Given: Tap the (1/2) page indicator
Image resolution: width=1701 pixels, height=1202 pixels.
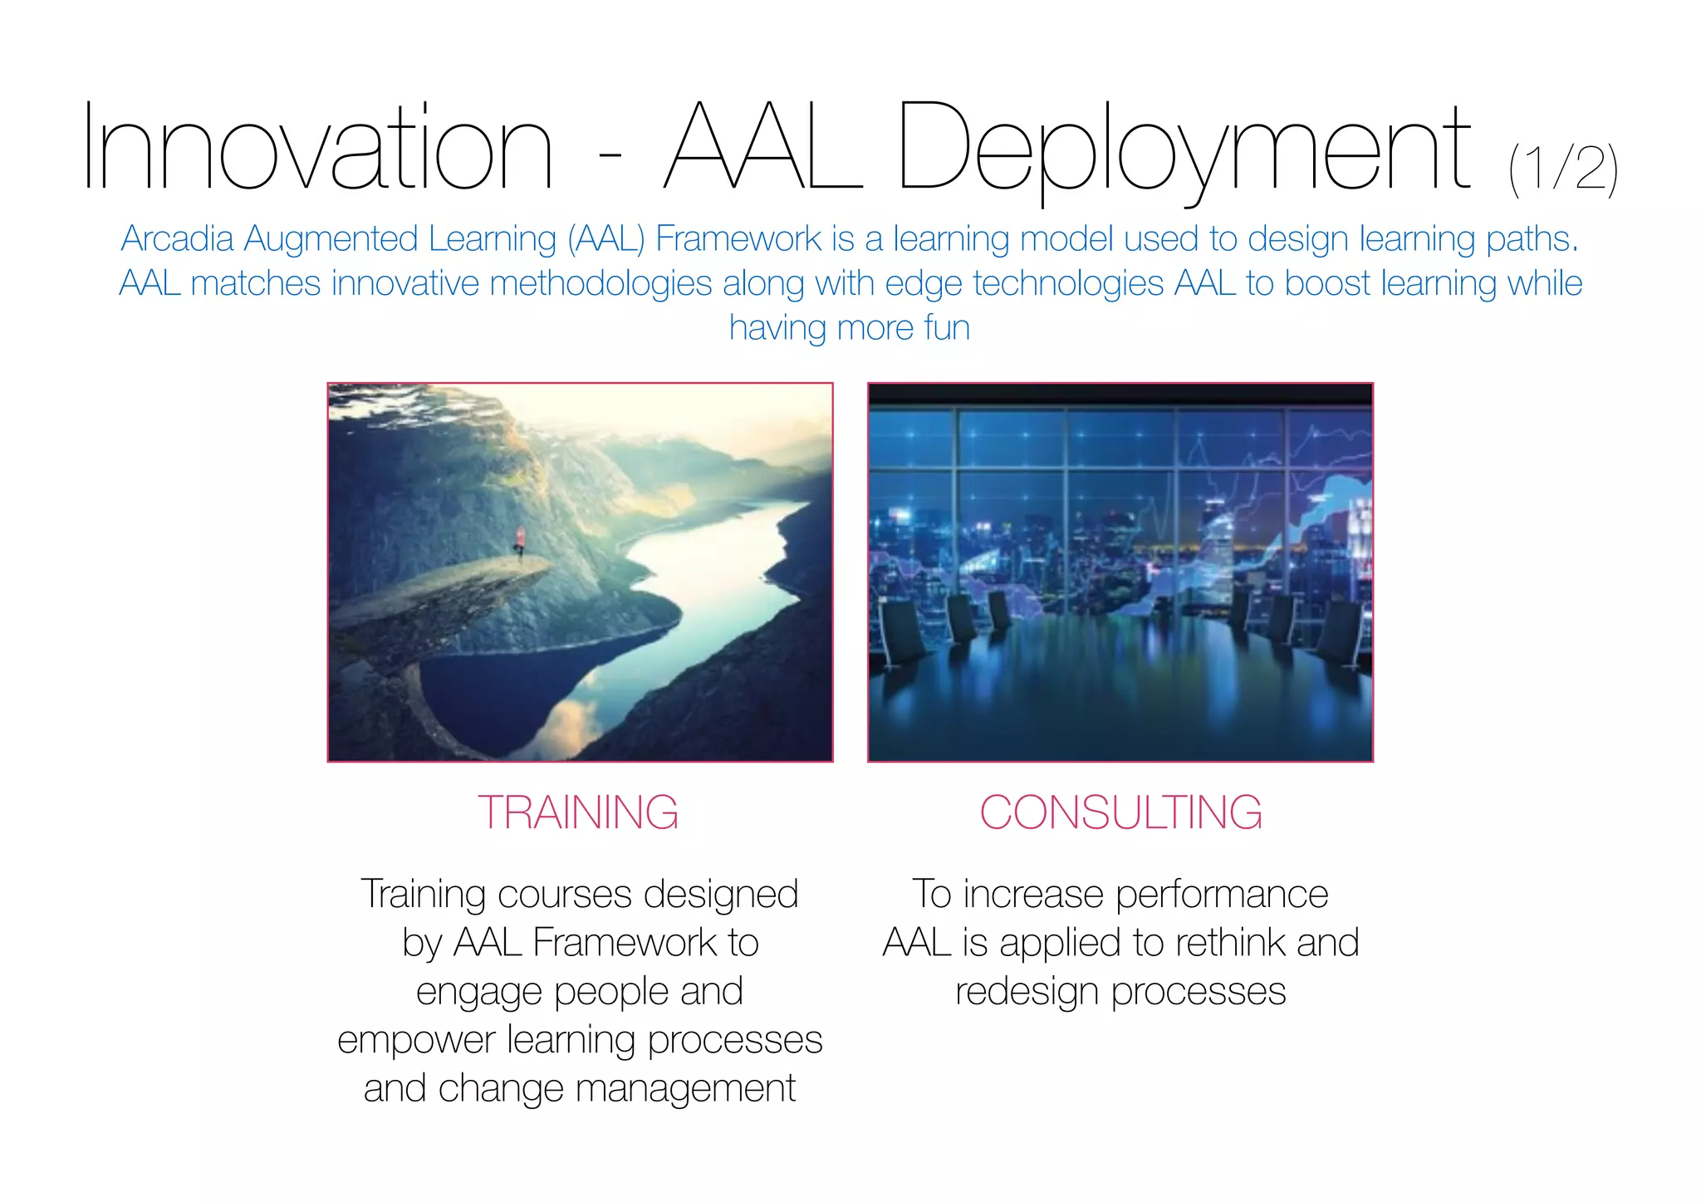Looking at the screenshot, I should tap(1562, 169).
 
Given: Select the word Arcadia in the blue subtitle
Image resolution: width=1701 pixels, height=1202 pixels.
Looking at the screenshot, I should tap(177, 239).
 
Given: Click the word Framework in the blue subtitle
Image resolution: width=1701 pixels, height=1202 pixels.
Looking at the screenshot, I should tap(738, 239).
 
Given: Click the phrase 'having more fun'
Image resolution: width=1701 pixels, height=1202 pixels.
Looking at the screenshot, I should tap(849, 327).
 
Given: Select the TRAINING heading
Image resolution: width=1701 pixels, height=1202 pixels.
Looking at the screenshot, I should tap(578, 812).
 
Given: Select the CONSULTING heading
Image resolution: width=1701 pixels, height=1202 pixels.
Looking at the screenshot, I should tap(1120, 812).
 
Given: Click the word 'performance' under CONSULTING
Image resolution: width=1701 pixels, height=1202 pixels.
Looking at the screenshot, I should tap(1221, 895).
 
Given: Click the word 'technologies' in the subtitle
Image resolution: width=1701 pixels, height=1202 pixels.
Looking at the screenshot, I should tap(1067, 283).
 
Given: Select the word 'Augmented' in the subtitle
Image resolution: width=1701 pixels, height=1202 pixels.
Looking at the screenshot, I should tap(331, 239).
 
